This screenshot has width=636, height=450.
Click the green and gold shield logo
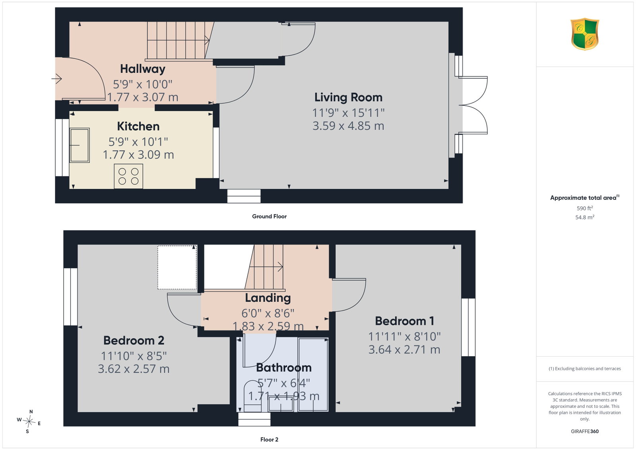tap(585, 34)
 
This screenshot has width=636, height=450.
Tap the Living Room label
tap(348, 97)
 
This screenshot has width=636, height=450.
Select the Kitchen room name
tap(138, 126)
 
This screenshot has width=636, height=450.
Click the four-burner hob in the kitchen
tap(128, 176)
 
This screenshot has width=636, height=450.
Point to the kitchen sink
tap(79, 145)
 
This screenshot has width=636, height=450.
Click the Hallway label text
tap(143, 69)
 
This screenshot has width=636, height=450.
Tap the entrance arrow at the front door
tap(57, 78)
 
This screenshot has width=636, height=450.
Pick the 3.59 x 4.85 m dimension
tap(348, 126)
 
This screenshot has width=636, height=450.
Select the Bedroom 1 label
tap(404, 321)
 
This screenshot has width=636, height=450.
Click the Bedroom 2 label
tap(134, 340)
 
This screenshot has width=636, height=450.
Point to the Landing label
tap(268, 298)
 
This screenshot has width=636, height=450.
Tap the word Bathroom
tap(284, 368)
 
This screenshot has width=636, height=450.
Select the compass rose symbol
tap(29, 422)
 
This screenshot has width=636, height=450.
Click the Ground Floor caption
tap(269, 216)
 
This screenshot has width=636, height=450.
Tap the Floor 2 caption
tap(269, 440)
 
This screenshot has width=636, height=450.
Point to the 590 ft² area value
tap(585, 208)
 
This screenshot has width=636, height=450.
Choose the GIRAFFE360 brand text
tap(585, 431)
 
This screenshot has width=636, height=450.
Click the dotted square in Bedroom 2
tap(177, 268)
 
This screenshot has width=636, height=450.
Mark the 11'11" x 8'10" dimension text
tap(404, 337)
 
